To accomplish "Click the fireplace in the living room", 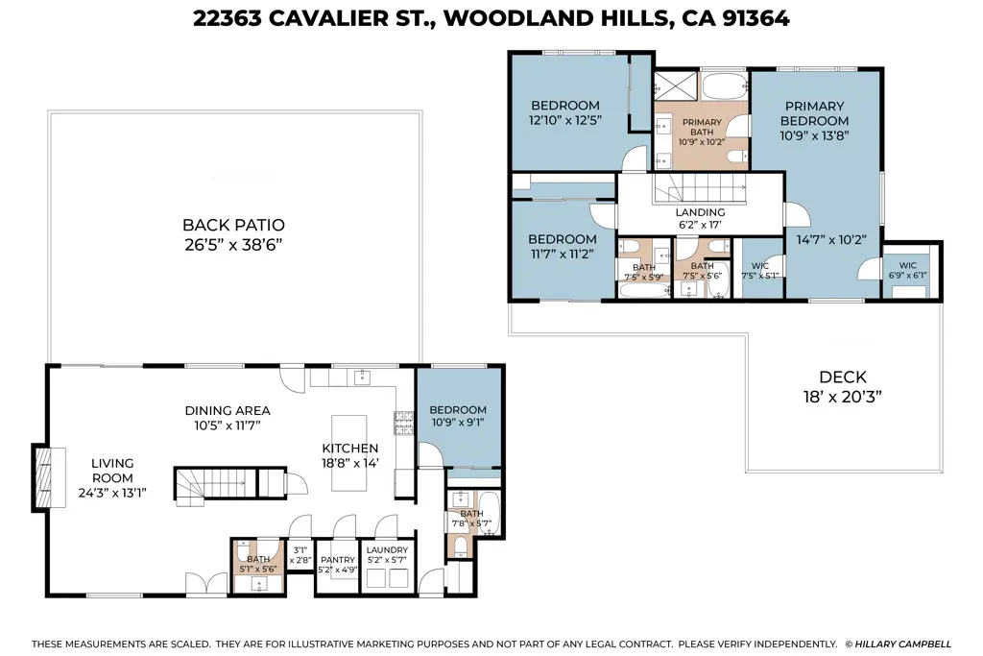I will pos(44,476).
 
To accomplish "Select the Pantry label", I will pos(337,558).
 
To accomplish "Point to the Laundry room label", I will pos(387,550).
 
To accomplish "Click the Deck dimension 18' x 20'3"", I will pos(842,396).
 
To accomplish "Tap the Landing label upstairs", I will pos(700,212).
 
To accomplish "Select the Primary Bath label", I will pos(702,123).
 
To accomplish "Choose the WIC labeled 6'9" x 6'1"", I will pos(907,266).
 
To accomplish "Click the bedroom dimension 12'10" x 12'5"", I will pos(564,122).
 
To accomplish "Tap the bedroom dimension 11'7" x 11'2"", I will pos(562,255).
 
